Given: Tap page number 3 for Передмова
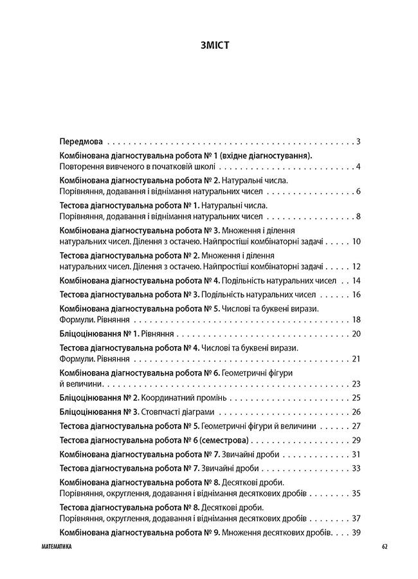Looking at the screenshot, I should pyautogui.click(x=358, y=141).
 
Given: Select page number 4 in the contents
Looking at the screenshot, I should pyautogui.click(x=358, y=167).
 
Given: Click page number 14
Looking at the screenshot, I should pyautogui.click(x=356, y=280).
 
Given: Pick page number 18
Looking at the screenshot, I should pyautogui.click(x=356, y=320).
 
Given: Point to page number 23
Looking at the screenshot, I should pyautogui.click(x=356, y=383).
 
